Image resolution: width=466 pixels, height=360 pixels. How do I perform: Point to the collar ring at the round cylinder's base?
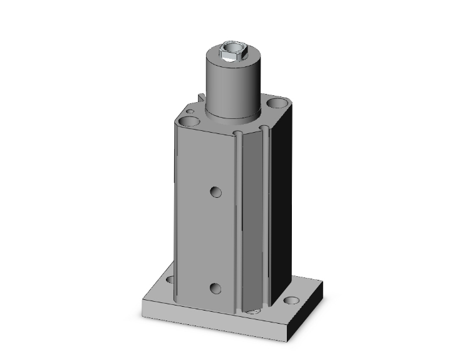click(232, 116)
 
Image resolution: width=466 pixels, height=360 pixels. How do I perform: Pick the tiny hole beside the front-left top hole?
click(185, 111)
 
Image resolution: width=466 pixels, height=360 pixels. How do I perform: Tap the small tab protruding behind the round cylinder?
click(201, 98)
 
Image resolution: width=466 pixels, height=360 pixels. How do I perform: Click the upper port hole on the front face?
click(216, 191)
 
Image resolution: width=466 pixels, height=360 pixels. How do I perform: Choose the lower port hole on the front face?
click(216, 288)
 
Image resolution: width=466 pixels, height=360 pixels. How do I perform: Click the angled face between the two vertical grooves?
click(252, 219)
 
